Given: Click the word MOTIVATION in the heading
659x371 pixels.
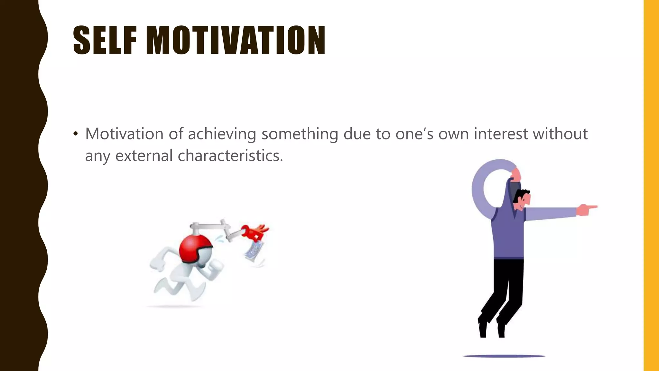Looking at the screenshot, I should pos(236,40).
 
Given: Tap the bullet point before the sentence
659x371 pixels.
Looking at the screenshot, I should pos(76,134).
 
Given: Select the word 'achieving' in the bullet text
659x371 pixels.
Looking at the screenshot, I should pos(222,134).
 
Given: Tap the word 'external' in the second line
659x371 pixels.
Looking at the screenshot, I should pos(144,156).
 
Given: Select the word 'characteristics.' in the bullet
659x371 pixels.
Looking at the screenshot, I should pos(230,156).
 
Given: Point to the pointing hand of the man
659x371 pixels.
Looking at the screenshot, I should pos(586,210).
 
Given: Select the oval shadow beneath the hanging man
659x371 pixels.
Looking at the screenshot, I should pos(504,356).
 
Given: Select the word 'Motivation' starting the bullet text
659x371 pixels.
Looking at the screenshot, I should pos(124,134).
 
